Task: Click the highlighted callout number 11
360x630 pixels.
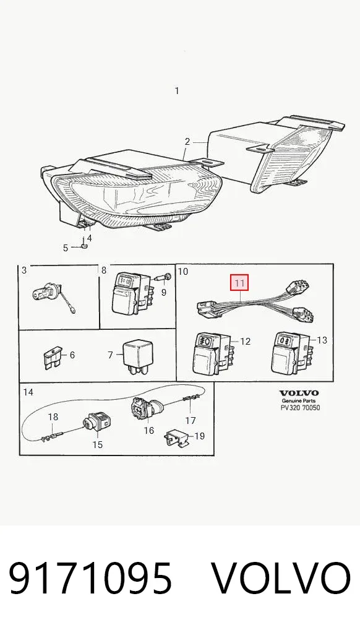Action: tap(239, 283)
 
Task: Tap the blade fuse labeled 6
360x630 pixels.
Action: tap(52, 357)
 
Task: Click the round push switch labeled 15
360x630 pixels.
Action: tap(97, 422)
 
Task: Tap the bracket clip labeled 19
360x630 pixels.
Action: tap(177, 438)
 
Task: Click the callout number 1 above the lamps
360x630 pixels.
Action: tap(177, 91)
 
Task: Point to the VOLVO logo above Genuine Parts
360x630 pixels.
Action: tap(299, 392)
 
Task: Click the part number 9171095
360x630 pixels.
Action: tap(90, 579)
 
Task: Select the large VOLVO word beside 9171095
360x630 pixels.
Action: tap(281, 579)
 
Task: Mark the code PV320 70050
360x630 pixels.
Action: tap(300, 408)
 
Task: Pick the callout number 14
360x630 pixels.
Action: tap(28, 392)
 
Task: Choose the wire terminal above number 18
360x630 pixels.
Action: tap(51, 436)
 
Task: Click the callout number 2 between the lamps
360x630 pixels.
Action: tap(187, 142)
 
